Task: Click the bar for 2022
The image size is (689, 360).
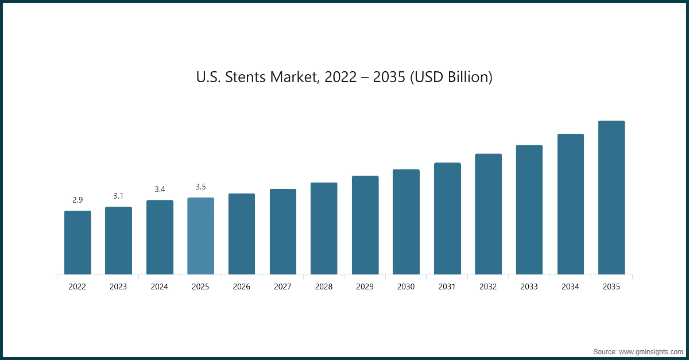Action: tap(78, 242)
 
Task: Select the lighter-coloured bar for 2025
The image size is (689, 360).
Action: tap(200, 236)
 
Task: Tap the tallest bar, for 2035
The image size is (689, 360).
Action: tap(611, 198)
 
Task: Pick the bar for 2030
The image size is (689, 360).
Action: tap(406, 222)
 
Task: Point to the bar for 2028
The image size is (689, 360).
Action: tap(324, 229)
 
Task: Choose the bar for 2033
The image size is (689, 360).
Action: tap(529, 210)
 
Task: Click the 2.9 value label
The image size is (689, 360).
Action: tap(78, 200)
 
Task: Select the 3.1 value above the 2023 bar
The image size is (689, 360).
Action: tap(118, 196)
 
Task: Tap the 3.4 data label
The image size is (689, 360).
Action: tap(160, 189)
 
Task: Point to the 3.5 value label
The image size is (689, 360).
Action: tap(200, 187)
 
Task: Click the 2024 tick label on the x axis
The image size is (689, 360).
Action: tap(160, 287)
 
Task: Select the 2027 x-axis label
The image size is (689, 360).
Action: tap(283, 287)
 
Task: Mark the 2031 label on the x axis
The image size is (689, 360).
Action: tap(447, 287)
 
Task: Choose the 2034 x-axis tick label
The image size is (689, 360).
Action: tap(570, 287)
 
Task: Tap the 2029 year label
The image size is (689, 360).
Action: tap(365, 287)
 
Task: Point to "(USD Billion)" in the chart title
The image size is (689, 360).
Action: tap(451, 78)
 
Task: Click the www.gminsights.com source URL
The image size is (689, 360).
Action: tap(650, 350)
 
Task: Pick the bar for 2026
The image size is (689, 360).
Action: tap(242, 234)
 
